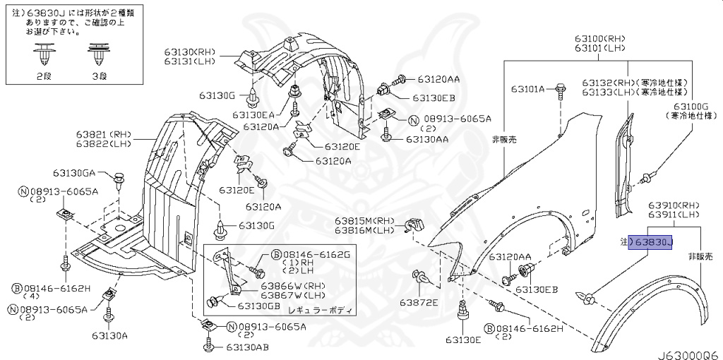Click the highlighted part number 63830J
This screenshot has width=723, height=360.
653,242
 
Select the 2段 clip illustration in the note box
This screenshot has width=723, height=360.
45,54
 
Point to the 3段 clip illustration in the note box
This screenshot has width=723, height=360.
97,54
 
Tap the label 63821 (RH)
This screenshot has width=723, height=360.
104,133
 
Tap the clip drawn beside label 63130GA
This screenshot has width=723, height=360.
119,176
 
